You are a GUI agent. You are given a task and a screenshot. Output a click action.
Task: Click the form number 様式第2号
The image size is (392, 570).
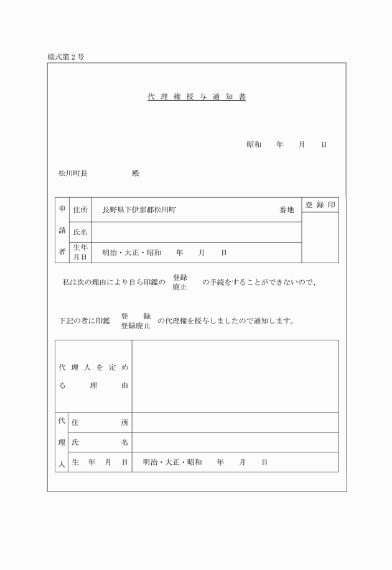click(x=66, y=57)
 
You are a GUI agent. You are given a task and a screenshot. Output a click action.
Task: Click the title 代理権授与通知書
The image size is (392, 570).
click(x=197, y=97)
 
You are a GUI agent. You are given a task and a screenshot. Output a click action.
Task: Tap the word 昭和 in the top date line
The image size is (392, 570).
click(x=254, y=145)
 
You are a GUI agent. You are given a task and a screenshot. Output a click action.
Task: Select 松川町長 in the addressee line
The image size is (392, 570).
click(x=73, y=174)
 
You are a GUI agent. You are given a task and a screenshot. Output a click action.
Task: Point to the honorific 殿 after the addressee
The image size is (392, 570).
click(x=136, y=174)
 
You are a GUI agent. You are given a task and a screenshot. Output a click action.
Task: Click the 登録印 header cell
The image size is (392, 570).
click(x=320, y=205)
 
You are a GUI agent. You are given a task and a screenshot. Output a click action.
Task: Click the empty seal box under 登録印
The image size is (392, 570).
click(x=320, y=237)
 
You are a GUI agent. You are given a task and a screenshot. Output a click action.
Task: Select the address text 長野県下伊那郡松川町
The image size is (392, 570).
click(x=139, y=210)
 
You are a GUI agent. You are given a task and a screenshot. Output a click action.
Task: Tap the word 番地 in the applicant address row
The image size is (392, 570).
click(x=286, y=210)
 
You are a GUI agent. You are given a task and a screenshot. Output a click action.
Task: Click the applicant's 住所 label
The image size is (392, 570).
click(x=80, y=210)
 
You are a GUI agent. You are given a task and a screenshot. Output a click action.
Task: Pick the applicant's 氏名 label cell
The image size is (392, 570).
click(x=80, y=232)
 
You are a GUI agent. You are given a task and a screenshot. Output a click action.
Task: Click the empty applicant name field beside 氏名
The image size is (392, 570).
click(x=197, y=232)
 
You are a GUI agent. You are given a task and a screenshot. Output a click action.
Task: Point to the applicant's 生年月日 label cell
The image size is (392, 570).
click(x=80, y=253)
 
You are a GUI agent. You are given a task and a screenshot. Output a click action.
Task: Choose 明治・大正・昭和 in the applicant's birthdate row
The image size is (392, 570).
click(x=132, y=253)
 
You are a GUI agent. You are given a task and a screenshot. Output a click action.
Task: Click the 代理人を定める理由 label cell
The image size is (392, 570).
click(x=93, y=376)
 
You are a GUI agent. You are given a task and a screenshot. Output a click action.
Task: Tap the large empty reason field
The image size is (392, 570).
click(x=235, y=376)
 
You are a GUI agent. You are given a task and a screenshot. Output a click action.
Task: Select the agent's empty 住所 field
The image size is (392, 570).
click(x=235, y=423)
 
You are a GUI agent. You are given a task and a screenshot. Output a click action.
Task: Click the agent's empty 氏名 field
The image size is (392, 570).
click(x=235, y=442)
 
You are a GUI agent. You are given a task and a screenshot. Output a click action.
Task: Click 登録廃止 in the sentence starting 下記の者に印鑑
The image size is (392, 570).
click(x=136, y=327)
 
